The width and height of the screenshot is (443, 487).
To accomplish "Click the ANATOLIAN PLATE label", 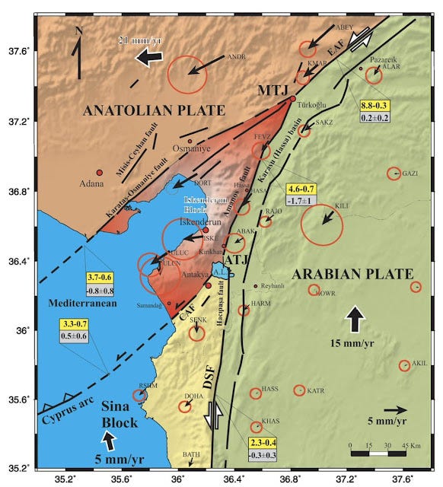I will [143, 110].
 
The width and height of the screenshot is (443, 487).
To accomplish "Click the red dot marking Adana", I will [99, 173].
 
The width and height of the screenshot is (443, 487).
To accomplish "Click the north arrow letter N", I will [79, 31].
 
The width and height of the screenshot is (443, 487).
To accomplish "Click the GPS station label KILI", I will [342, 205].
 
